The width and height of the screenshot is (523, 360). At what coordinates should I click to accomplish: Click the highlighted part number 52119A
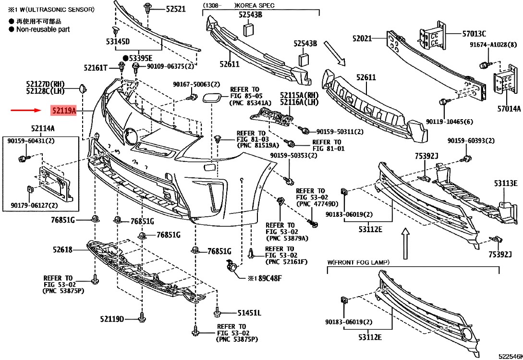[x=63, y=111]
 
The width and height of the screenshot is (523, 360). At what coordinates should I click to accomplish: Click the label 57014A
[x=509, y=109]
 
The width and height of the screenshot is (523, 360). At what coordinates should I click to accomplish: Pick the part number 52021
[x=362, y=38]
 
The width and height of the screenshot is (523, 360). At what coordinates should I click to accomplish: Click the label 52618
[x=62, y=249]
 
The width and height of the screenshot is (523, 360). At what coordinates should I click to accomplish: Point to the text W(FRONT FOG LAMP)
[x=358, y=262]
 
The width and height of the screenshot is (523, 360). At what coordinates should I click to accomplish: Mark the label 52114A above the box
[x=43, y=128]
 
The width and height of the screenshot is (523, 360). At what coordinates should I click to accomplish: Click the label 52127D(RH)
[x=45, y=84]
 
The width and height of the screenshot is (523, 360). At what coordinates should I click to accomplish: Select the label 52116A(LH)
[x=300, y=102]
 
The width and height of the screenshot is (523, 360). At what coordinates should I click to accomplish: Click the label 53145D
[x=118, y=42]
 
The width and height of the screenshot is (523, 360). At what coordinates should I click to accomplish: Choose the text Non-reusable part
[x=43, y=29]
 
